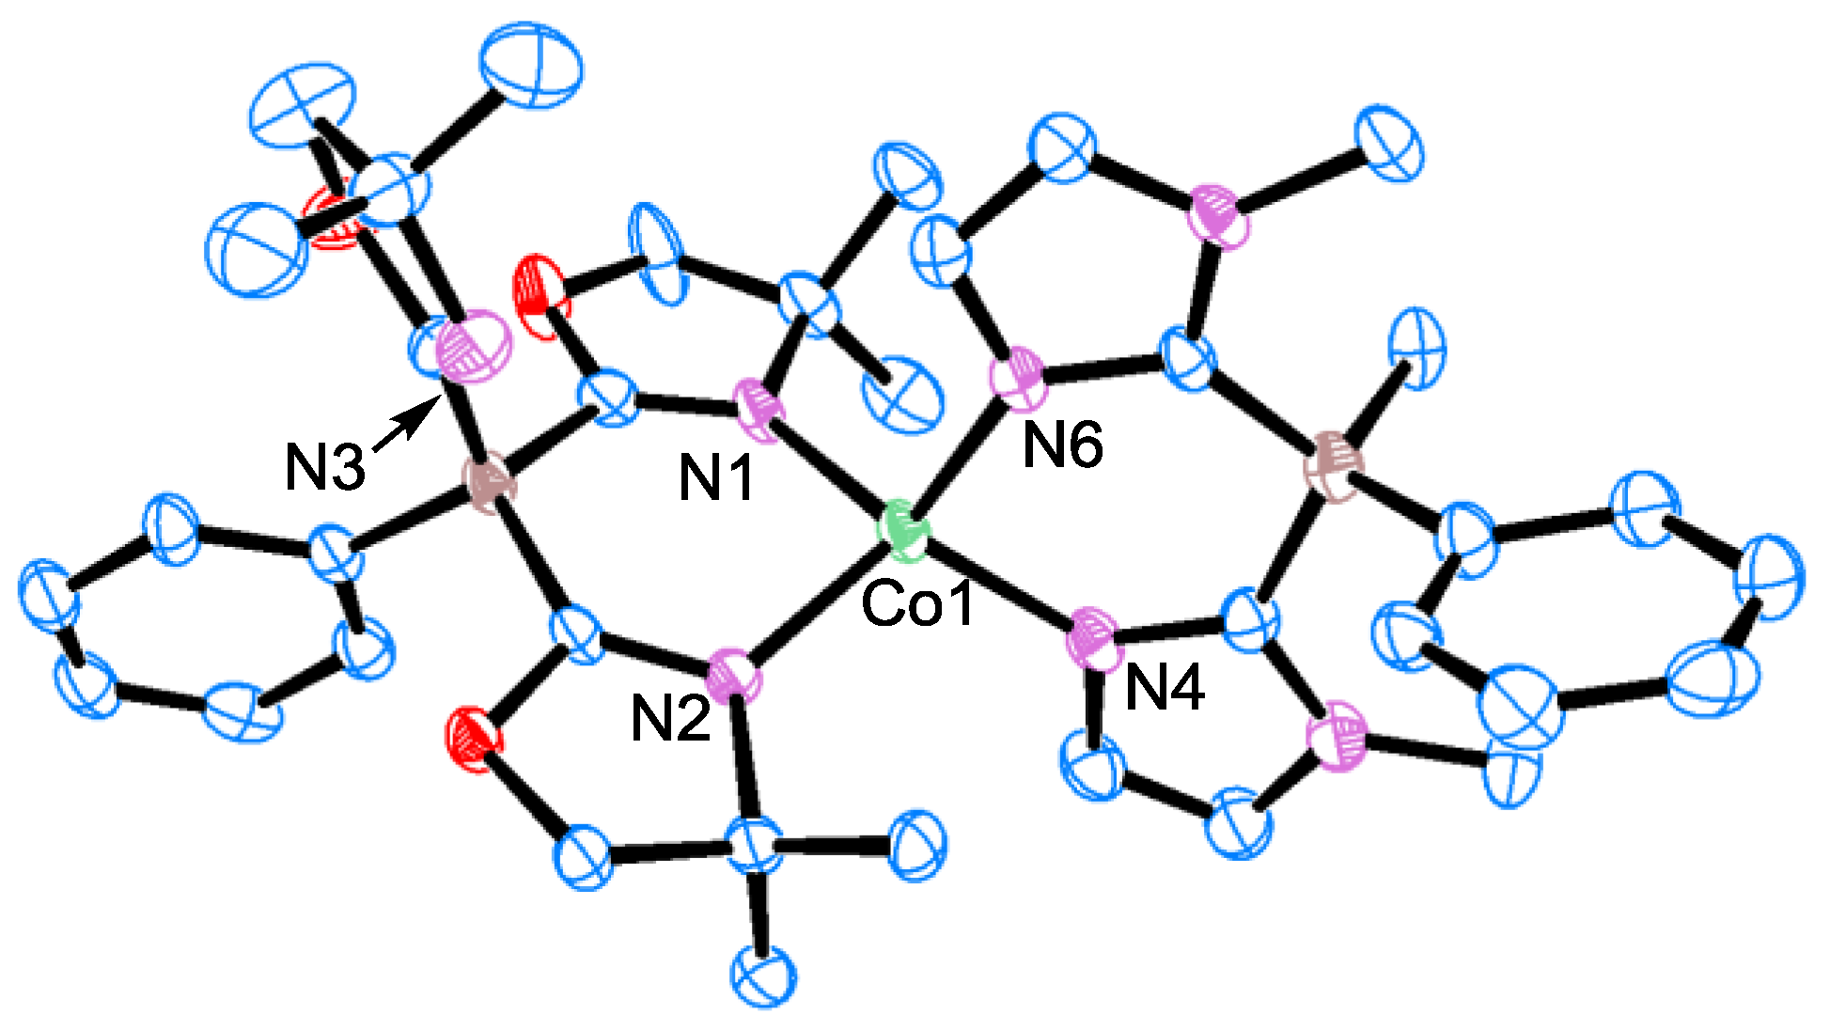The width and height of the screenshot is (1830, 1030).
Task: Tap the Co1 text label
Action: click(x=917, y=603)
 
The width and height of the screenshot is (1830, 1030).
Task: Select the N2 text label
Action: click(x=669, y=720)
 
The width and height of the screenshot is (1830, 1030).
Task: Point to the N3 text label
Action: click(x=325, y=468)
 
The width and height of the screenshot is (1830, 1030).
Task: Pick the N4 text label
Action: click(x=1165, y=689)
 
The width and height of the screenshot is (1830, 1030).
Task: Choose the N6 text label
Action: click(x=1062, y=445)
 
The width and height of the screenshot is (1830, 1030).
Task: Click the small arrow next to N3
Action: click(x=406, y=428)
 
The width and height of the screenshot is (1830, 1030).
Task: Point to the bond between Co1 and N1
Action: click(x=827, y=469)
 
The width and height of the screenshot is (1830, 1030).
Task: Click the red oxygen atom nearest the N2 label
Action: click(x=474, y=739)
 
